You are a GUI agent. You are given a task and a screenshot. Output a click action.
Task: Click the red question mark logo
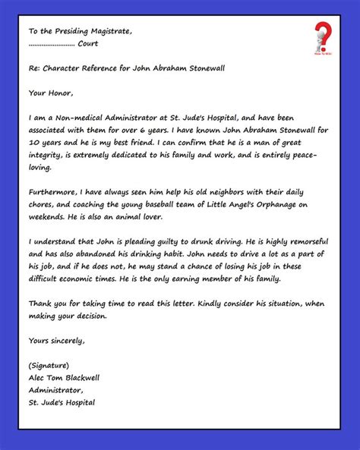pyautogui.click(x=323, y=36)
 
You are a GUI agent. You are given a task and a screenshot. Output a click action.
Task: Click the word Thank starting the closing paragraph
pyautogui.click(x=43, y=304)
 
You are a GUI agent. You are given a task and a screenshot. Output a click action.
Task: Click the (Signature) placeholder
pyautogui.click(x=49, y=365)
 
